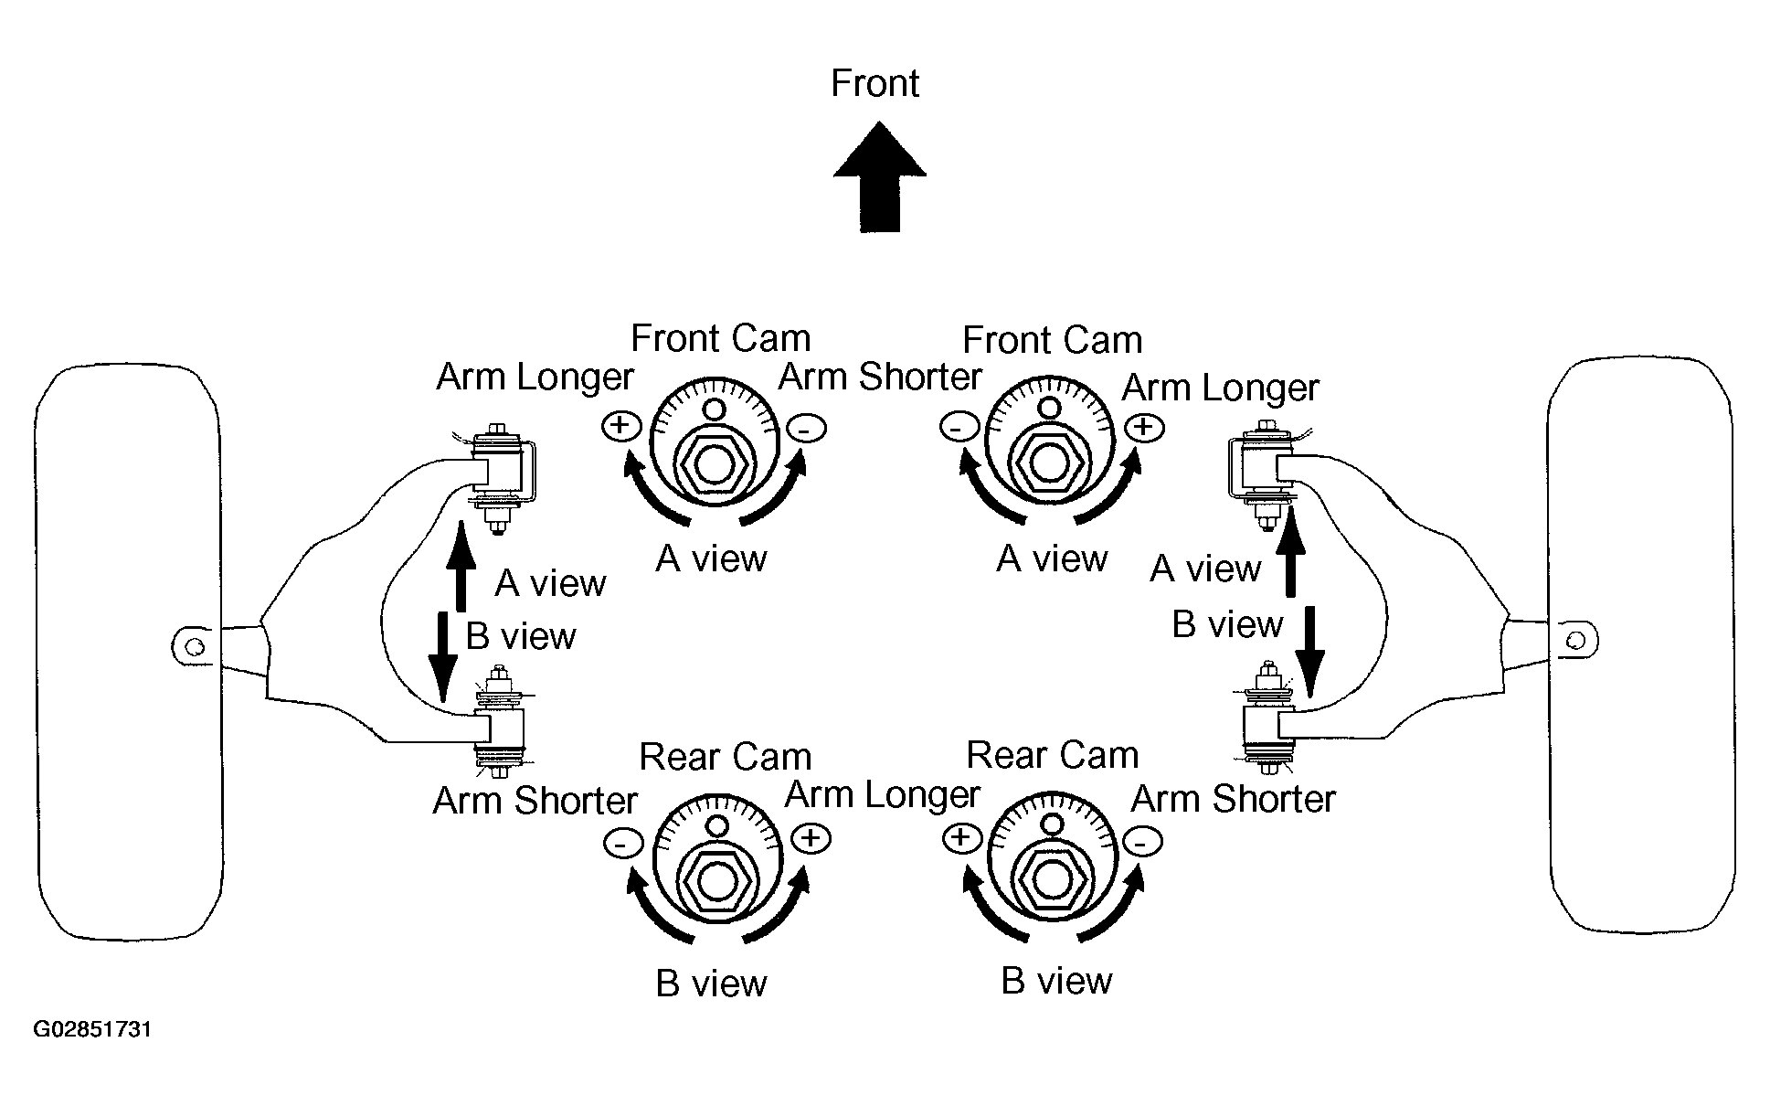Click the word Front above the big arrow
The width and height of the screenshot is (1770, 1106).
(874, 83)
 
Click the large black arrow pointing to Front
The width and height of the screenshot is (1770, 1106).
(880, 177)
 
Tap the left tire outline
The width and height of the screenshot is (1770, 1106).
(128, 653)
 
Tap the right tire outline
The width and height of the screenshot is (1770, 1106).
(1641, 643)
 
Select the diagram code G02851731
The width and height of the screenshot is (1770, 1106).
(92, 1030)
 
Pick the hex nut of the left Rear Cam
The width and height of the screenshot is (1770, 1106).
(718, 880)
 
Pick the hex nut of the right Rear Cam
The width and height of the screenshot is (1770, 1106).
(1052, 880)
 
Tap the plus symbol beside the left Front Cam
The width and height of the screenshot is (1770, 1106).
(620, 425)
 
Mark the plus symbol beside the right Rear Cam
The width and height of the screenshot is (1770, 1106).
(962, 838)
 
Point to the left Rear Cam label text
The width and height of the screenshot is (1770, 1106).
(726, 757)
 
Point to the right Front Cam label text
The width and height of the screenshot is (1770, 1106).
(1053, 340)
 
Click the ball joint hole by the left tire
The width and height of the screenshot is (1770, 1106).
(193, 646)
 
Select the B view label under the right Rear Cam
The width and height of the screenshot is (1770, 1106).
(1057, 981)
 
